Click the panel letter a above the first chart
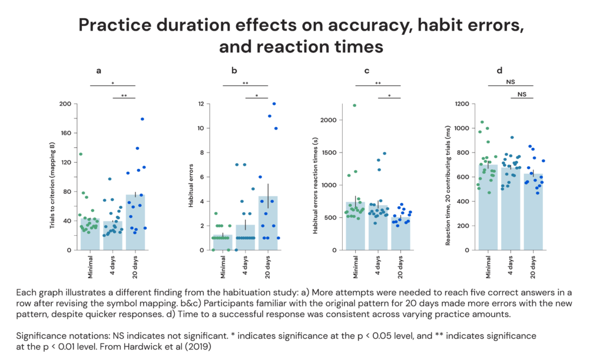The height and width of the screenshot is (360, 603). [x=98, y=71]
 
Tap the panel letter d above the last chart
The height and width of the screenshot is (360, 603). [x=499, y=71]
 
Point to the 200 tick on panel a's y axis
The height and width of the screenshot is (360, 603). [x=65, y=104]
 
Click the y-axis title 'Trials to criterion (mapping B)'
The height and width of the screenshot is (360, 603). [x=54, y=177]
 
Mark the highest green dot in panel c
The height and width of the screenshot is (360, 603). [x=354, y=105]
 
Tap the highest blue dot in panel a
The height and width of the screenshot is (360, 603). [x=143, y=119]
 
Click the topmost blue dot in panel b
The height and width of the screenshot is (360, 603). [x=274, y=104]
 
